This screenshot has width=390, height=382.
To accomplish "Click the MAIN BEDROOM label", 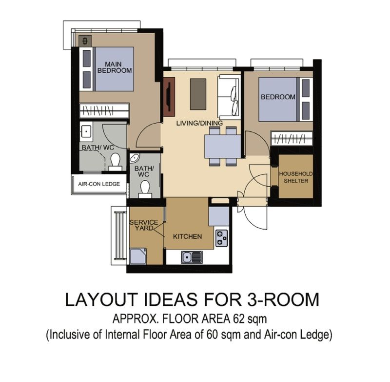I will (115, 66).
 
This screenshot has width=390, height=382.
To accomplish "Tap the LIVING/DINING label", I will (199, 124).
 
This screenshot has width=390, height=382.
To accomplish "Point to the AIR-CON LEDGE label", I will (99, 185).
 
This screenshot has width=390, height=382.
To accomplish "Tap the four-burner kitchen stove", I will (221, 237).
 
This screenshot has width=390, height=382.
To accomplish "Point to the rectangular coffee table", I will (197, 94).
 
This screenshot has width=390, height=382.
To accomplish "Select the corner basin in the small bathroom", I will (135, 158).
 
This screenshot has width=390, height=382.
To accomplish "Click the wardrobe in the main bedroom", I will (104, 110).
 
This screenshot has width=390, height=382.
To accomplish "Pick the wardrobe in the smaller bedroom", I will (292, 138).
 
